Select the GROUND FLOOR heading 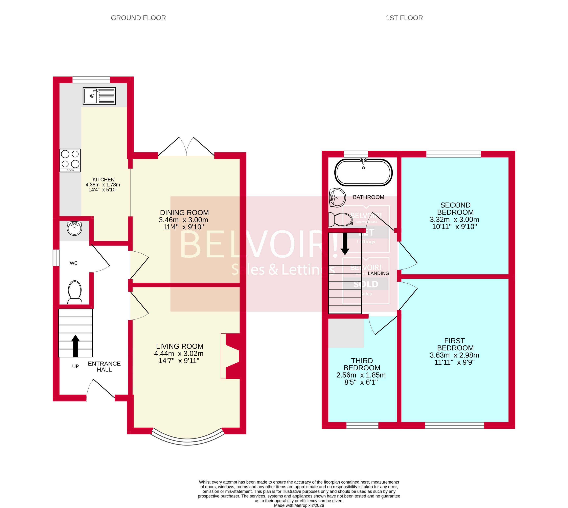coord(138,18)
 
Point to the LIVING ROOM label coord(179,346)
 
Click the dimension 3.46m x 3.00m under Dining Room coord(183,220)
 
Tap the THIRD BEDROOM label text coord(362,364)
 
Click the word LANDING coord(378,273)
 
